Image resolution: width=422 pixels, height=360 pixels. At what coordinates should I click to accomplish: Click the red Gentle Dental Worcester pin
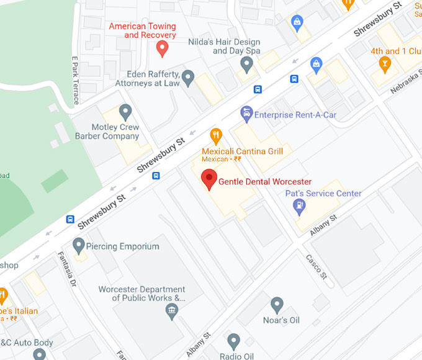[210, 179]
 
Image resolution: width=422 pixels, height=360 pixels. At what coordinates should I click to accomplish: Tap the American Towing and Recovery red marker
[162, 48]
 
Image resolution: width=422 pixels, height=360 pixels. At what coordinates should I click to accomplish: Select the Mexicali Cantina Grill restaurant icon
[216, 135]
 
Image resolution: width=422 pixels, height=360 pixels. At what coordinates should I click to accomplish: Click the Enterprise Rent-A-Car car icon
[246, 114]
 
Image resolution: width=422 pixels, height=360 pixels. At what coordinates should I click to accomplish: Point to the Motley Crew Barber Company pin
[126, 112]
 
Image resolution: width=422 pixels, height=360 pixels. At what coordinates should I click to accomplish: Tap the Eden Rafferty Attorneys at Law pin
[188, 78]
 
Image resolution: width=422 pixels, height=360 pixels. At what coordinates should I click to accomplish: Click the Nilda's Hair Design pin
[247, 63]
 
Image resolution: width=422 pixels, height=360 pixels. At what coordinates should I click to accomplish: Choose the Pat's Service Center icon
[299, 207]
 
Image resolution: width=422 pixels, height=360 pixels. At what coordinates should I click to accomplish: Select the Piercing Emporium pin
[79, 246]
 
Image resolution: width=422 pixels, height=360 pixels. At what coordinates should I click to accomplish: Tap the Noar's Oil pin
[277, 305]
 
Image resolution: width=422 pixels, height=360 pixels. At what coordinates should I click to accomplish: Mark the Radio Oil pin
[233, 341]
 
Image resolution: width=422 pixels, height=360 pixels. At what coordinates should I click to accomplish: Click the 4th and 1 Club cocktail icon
[385, 65]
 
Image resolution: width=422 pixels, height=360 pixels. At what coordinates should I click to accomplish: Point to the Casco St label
[315, 267]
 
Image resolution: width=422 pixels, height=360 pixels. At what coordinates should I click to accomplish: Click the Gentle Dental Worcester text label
[265, 181]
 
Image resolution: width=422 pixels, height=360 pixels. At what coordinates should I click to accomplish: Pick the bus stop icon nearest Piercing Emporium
[71, 220]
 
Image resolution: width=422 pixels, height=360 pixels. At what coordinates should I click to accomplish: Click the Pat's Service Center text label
[323, 194]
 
